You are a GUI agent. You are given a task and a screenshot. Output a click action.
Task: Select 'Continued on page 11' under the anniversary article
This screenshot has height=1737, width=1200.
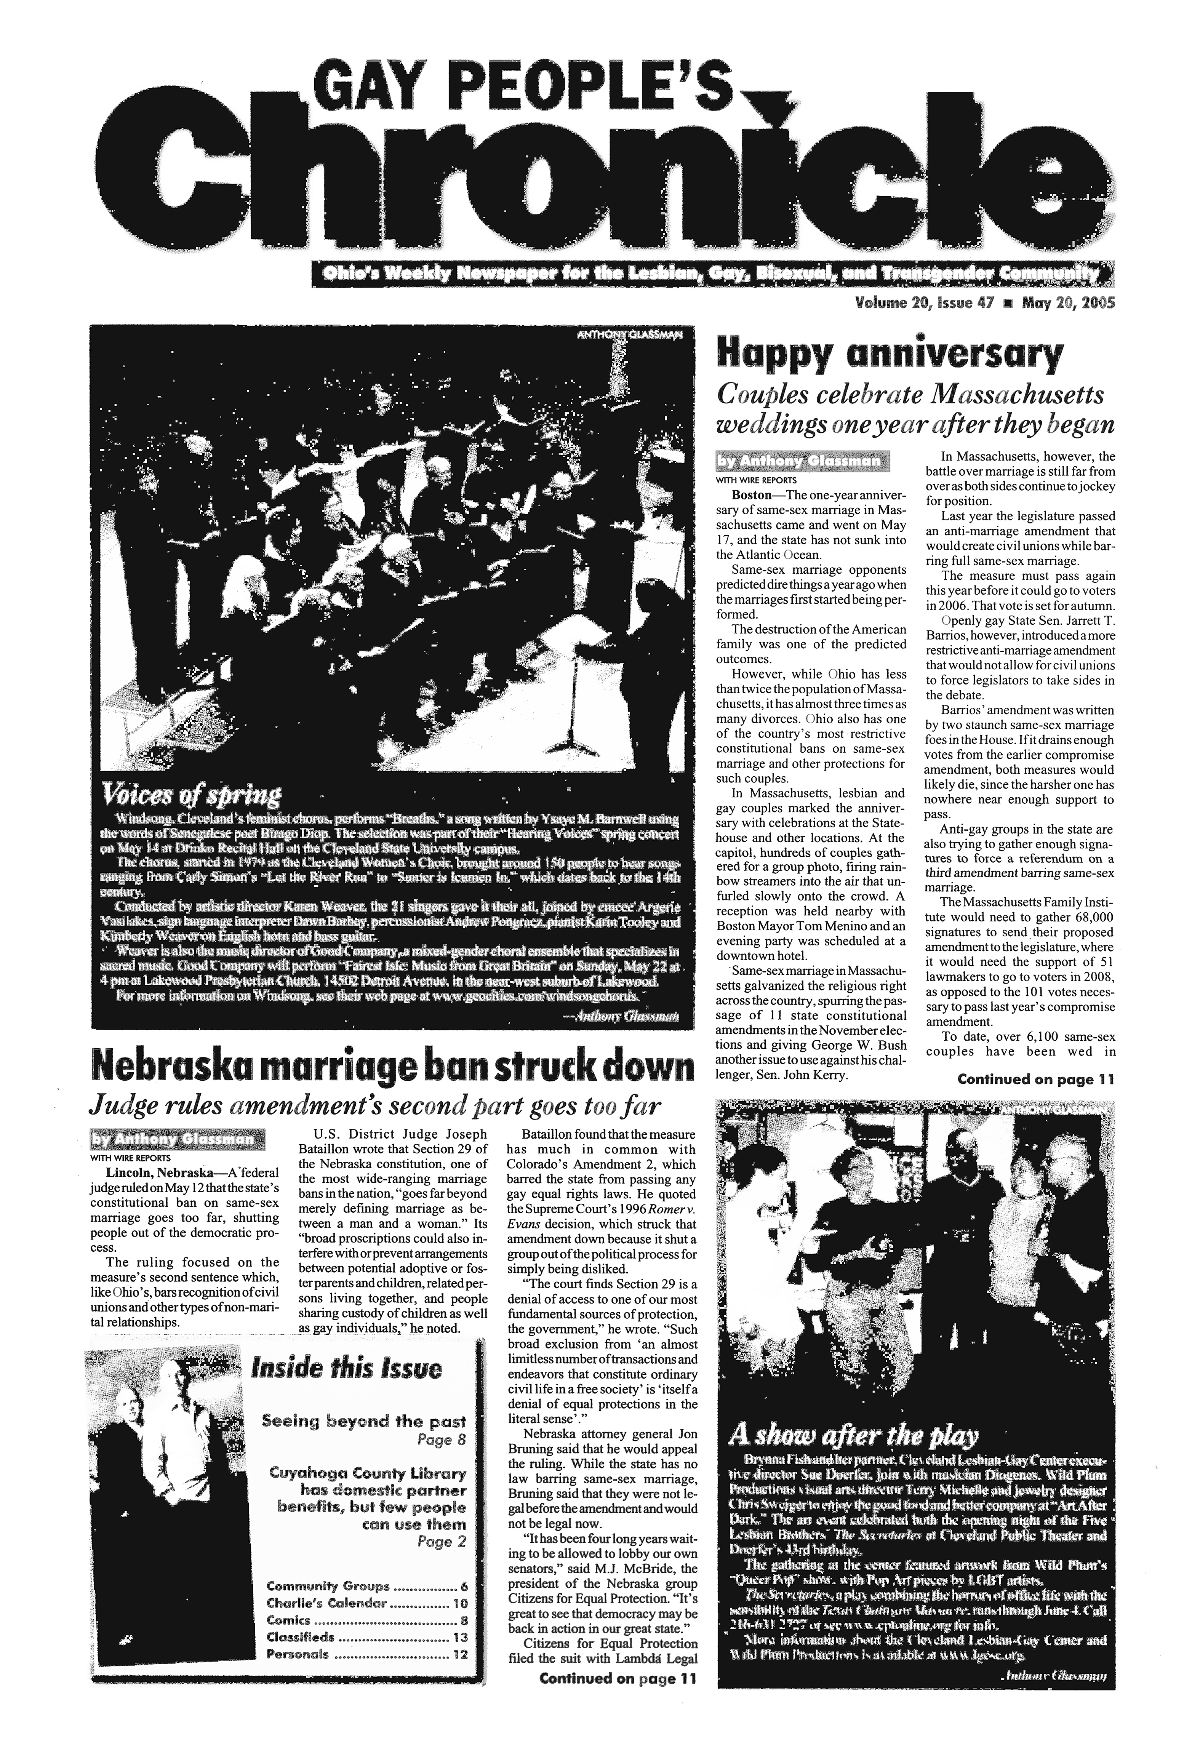pos(1035,1079)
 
